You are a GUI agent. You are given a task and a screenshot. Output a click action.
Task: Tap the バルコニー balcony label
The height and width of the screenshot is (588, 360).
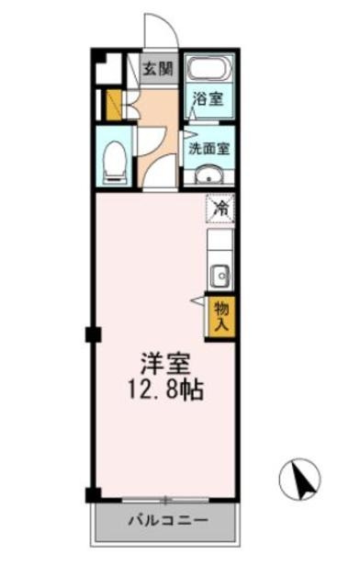click(x=166, y=520)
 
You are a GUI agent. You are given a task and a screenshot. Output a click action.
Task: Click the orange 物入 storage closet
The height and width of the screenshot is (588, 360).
click(x=220, y=315)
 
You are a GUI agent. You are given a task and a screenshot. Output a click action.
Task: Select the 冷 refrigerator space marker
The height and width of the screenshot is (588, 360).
click(x=220, y=209)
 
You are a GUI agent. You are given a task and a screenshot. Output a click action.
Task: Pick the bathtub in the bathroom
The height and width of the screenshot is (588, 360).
click(x=209, y=70)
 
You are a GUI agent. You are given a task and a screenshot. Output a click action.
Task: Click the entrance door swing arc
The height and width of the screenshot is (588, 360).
click(x=160, y=30)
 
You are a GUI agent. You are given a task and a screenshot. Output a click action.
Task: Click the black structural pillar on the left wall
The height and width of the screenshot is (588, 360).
click(x=91, y=334)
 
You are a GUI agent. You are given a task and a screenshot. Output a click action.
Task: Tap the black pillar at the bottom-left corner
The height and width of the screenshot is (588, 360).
click(x=93, y=496)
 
